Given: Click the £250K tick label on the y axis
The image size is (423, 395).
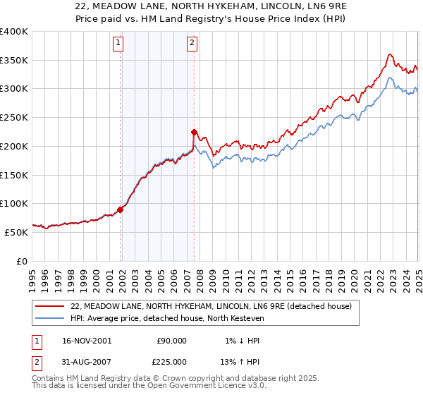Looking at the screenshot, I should [x=14, y=117].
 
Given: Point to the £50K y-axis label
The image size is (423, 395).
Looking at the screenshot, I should [x=16, y=231].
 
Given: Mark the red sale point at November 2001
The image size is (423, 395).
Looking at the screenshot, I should [x=121, y=209].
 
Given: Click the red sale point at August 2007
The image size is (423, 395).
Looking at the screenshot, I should [x=194, y=132].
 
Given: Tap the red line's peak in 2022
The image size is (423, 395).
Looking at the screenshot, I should [x=390, y=54].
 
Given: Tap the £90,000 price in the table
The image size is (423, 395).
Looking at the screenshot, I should [x=169, y=340].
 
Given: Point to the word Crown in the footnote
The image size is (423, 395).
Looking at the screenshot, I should [x=174, y=379].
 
